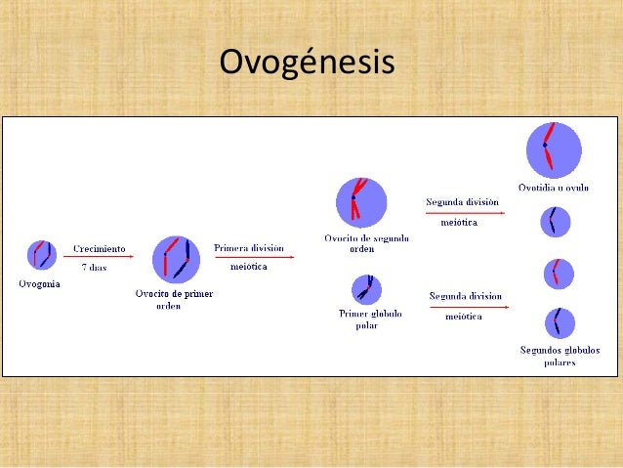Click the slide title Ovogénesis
point(307,63)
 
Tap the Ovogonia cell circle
point(42,256)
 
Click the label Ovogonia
point(39,284)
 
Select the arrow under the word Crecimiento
point(98,257)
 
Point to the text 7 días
point(94,268)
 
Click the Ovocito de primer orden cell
point(176,257)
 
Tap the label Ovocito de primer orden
point(174,299)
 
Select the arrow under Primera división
point(254,258)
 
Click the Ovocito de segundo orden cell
point(361,202)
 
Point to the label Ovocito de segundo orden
point(366,242)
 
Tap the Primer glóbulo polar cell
point(366,289)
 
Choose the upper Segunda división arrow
point(465,212)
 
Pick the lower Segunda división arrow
point(469,307)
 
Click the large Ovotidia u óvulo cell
point(554,149)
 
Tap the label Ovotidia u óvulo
point(553,188)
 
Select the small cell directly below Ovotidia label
point(556,222)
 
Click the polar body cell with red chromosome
point(559,274)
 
